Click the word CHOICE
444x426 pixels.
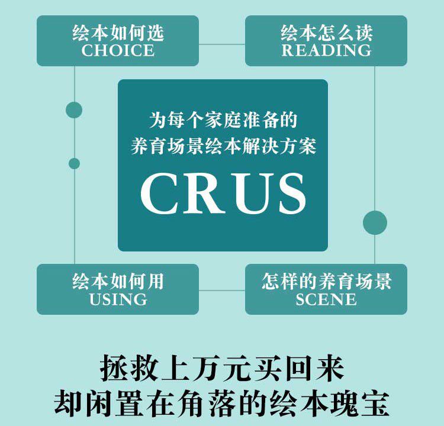[118, 50]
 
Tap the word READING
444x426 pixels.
[326, 50]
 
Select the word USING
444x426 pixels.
[118, 299]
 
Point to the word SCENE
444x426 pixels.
[326, 299]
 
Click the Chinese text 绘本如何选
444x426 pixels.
[118, 33]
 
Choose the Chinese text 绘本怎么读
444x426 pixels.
[326, 33]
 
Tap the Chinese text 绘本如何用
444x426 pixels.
[118, 281]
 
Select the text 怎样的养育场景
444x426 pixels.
[326, 281]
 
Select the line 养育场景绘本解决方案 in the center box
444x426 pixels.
[223, 146]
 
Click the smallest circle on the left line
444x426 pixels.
[74, 163]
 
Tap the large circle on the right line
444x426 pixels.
[375, 222]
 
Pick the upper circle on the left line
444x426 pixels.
[74, 109]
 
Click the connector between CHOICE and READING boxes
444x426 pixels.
[222, 44]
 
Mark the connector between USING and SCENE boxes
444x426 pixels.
[222, 291]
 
